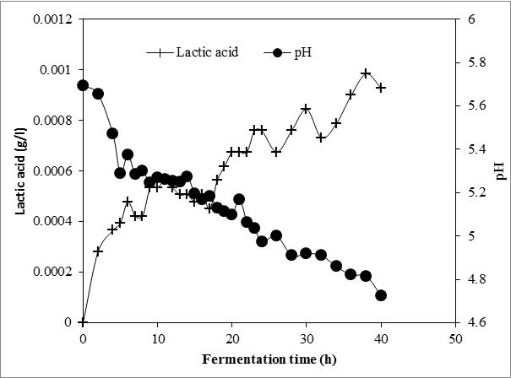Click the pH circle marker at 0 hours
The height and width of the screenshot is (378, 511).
tap(83, 85)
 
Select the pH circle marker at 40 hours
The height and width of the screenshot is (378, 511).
tap(381, 295)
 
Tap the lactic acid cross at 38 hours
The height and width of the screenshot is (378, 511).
tap(366, 73)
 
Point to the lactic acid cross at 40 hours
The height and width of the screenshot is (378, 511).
tap(381, 87)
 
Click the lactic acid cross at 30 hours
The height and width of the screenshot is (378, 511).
tap(306, 109)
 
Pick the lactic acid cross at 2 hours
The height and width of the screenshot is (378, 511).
tap(98, 251)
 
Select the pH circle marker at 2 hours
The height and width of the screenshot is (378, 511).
tap(98, 94)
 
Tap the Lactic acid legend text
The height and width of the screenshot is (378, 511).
tap(207, 52)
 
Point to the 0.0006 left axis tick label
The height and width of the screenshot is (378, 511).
tap(52, 170)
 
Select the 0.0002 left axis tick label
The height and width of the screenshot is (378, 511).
tap(52, 272)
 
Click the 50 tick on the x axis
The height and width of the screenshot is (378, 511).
tap(455, 337)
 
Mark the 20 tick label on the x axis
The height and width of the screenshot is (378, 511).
tap(231, 337)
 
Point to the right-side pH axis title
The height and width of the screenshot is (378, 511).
tap(500, 171)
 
